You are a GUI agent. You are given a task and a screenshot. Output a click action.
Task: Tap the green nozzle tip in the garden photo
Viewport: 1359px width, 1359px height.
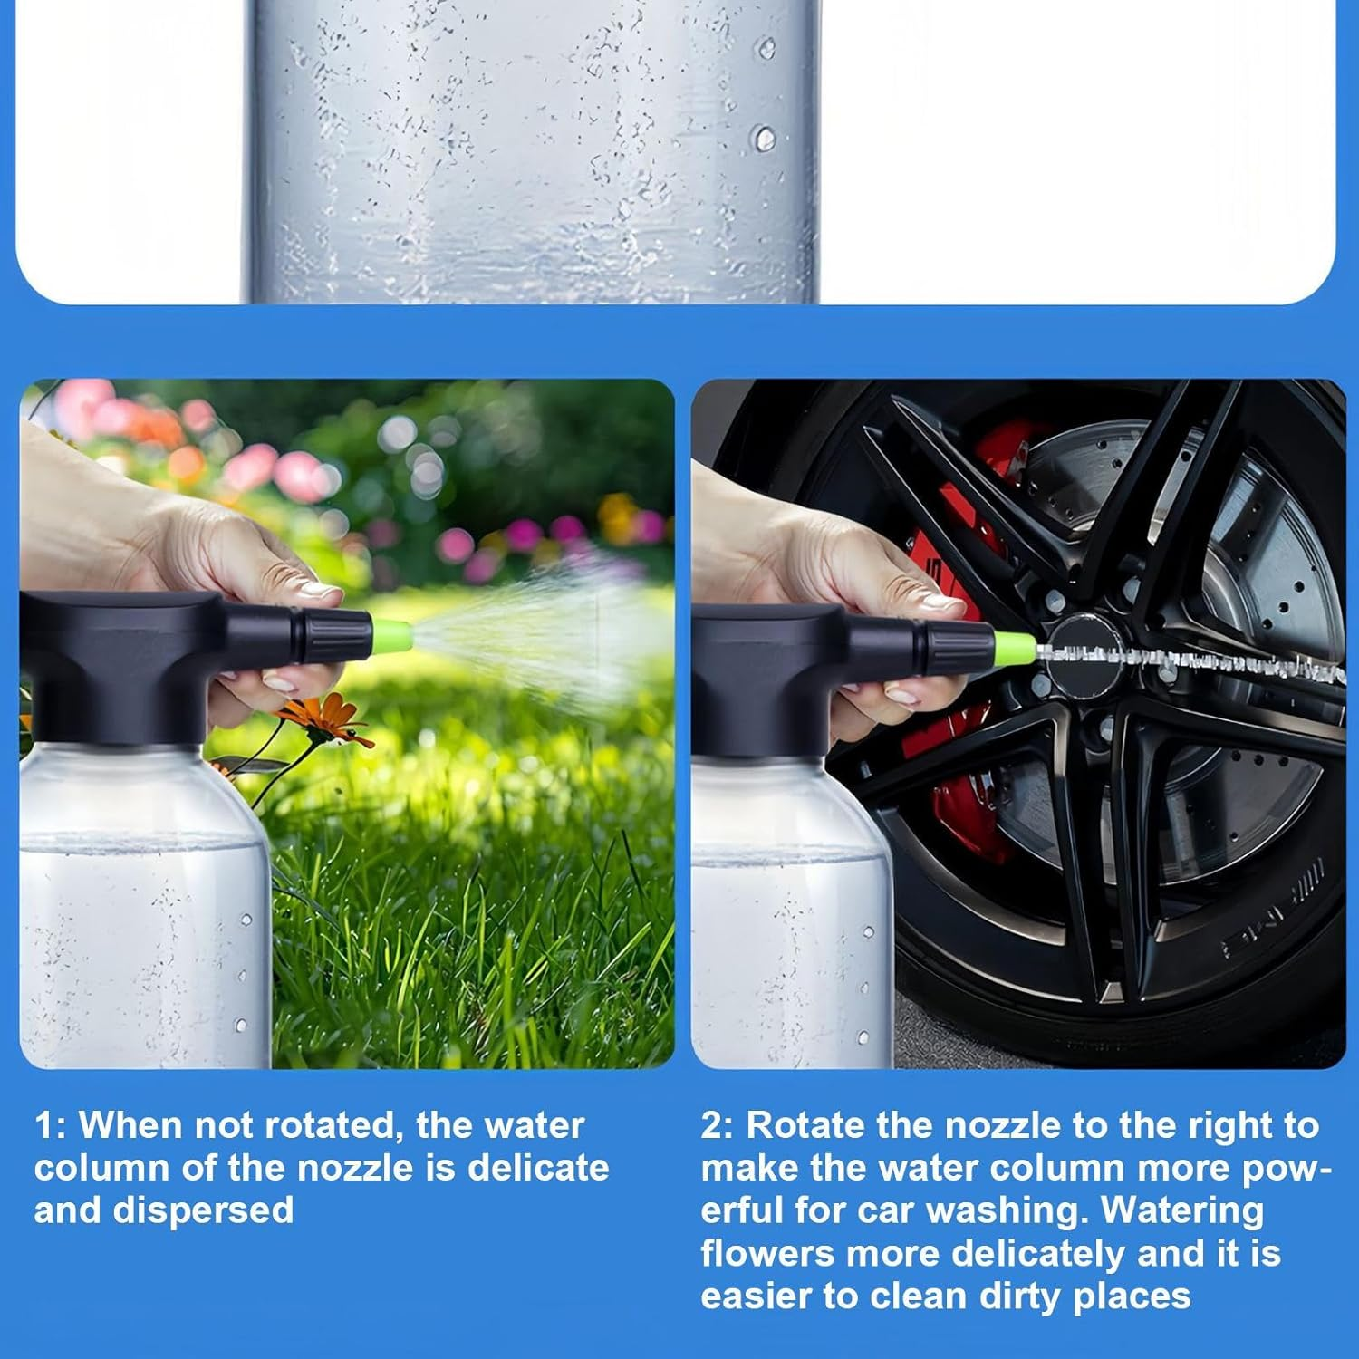pos(391,632)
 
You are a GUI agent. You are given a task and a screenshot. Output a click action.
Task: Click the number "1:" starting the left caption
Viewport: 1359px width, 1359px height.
pos(50,1125)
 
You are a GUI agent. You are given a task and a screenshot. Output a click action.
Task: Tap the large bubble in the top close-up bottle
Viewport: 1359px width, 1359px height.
pos(766,139)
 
